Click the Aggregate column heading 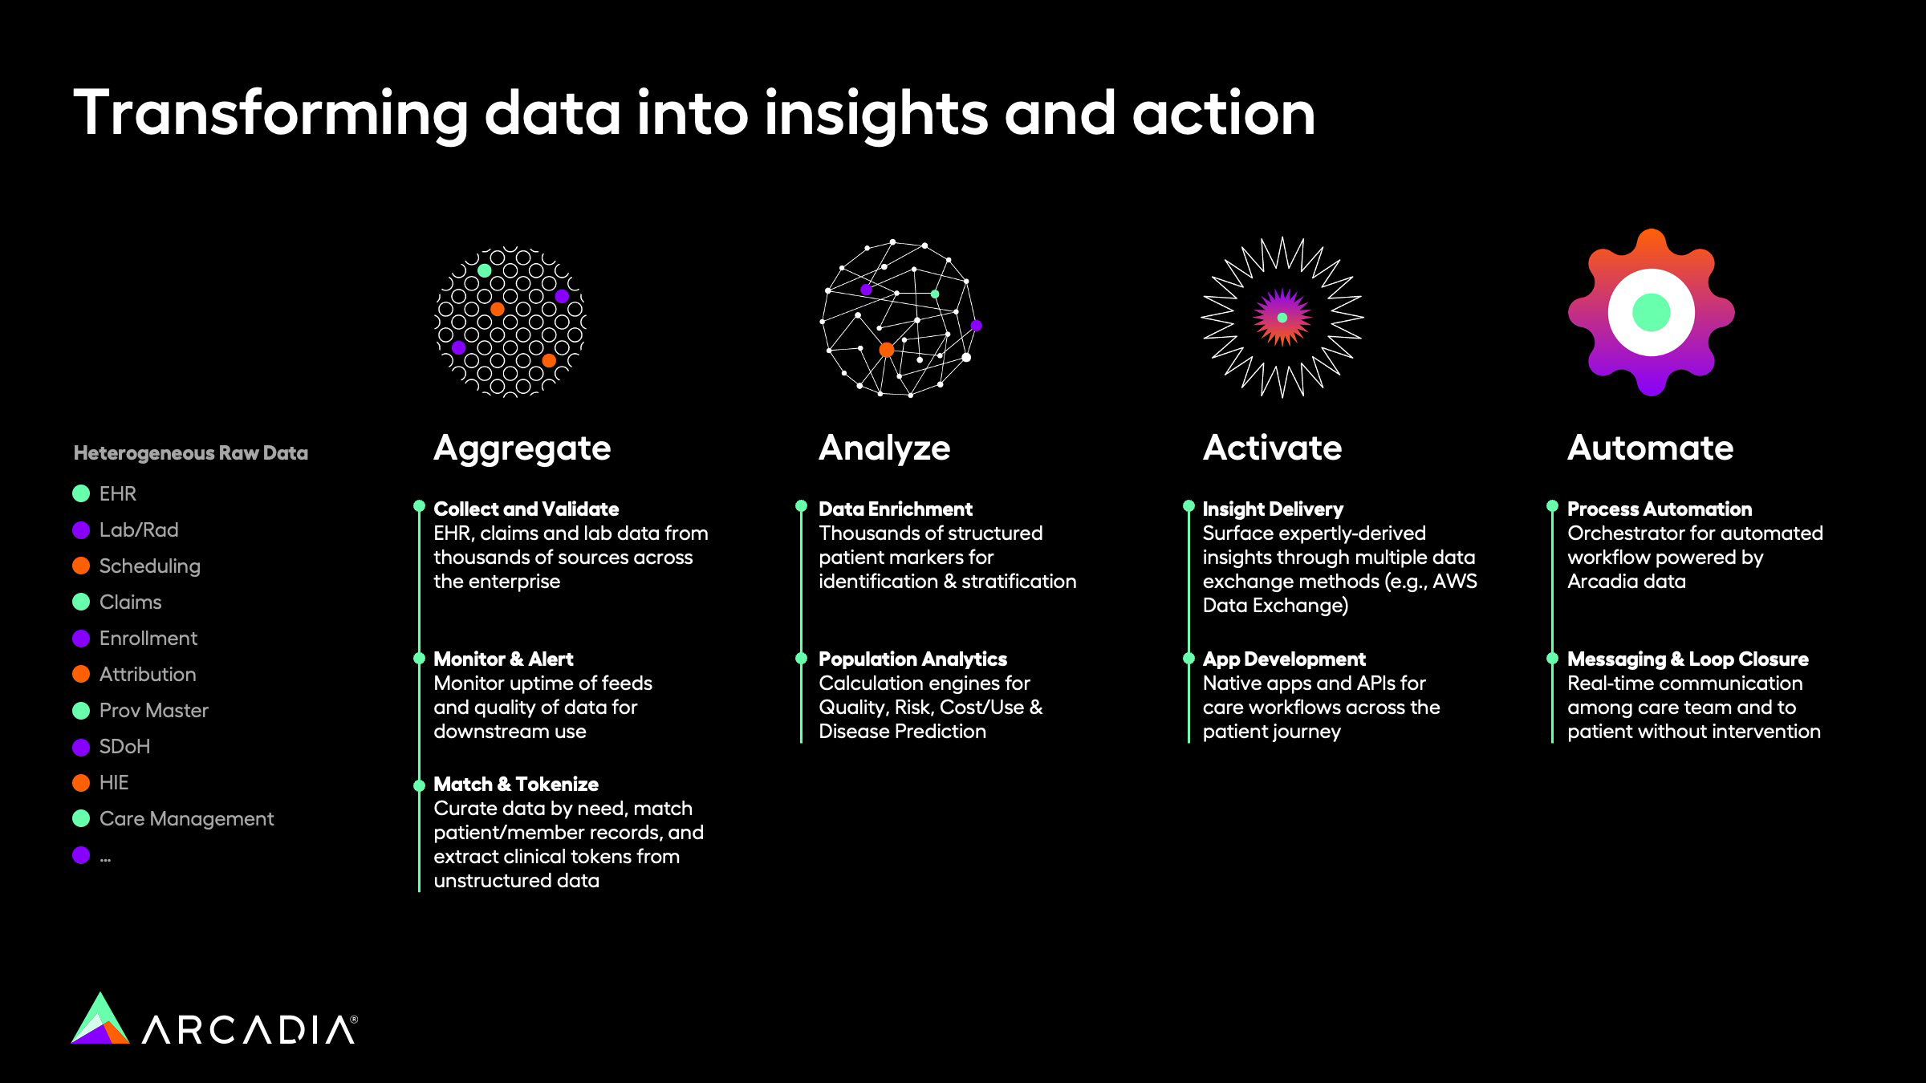coord(522,448)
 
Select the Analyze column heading coord(884,448)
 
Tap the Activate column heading coord(1272,448)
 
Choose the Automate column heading coord(1650,448)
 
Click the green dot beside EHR coord(81,493)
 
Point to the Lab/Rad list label coord(139,529)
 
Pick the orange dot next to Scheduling coord(81,566)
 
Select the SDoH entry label coord(124,746)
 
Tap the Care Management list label coord(186,819)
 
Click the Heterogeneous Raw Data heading coord(191,453)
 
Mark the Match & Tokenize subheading coord(516,784)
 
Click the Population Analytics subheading coord(912,659)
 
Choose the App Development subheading coord(1284,659)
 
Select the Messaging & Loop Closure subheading coord(1688,659)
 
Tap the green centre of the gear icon coord(1651,312)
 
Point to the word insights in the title coord(876,115)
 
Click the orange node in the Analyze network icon coord(886,350)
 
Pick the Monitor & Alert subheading coord(503,659)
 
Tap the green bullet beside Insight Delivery coord(1189,506)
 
